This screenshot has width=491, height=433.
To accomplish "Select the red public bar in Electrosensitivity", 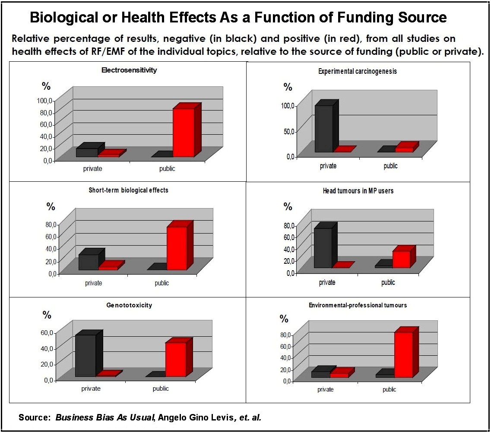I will point(184,133).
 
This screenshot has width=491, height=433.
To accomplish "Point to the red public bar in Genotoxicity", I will point(175,359).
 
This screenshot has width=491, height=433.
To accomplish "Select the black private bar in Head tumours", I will point(323,248).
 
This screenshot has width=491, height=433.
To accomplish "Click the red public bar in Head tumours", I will point(401,259).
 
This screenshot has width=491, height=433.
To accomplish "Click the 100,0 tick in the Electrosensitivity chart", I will point(44,101).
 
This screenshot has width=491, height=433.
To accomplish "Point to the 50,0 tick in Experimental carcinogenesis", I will point(288,131).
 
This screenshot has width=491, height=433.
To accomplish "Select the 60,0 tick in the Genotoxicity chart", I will point(47,332).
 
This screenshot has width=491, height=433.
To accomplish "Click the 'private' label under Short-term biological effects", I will point(93,283).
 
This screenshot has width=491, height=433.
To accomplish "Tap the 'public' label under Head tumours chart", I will point(388,283).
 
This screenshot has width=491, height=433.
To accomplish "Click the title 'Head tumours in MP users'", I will point(358,190).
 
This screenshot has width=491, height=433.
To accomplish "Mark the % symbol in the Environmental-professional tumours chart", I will point(284,319).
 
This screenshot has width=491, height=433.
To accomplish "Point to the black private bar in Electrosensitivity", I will point(86,152).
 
